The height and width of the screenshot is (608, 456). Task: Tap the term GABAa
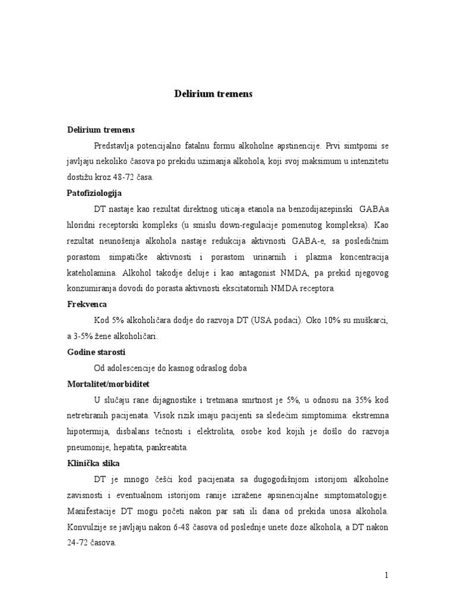373,209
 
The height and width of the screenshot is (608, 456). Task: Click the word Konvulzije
87,527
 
